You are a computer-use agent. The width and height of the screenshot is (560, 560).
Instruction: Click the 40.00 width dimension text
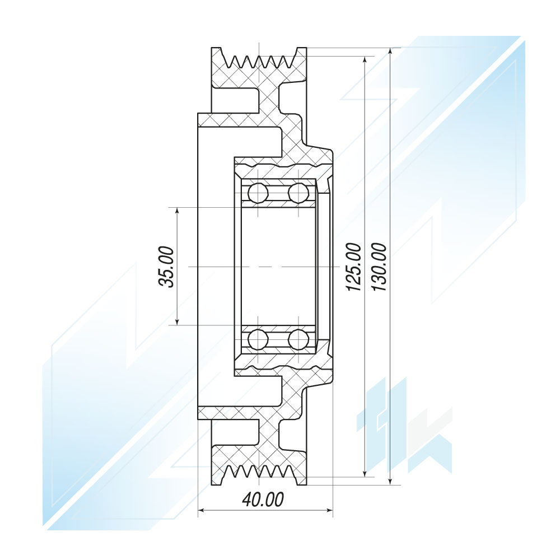coord(263,500)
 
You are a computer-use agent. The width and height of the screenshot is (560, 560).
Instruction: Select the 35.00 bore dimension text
coord(166,267)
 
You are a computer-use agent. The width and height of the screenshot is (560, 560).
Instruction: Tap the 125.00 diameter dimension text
coord(354,267)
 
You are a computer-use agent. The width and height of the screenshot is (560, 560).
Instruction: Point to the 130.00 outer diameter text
coord(379,267)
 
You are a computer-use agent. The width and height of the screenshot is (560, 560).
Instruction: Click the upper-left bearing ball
coord(258,193)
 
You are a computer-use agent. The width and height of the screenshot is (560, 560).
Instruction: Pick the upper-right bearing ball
coord(298,193)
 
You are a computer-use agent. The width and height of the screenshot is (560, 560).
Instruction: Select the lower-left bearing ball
coord(258,339)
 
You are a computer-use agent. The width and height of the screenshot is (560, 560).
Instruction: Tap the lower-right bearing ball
coord(298,339)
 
